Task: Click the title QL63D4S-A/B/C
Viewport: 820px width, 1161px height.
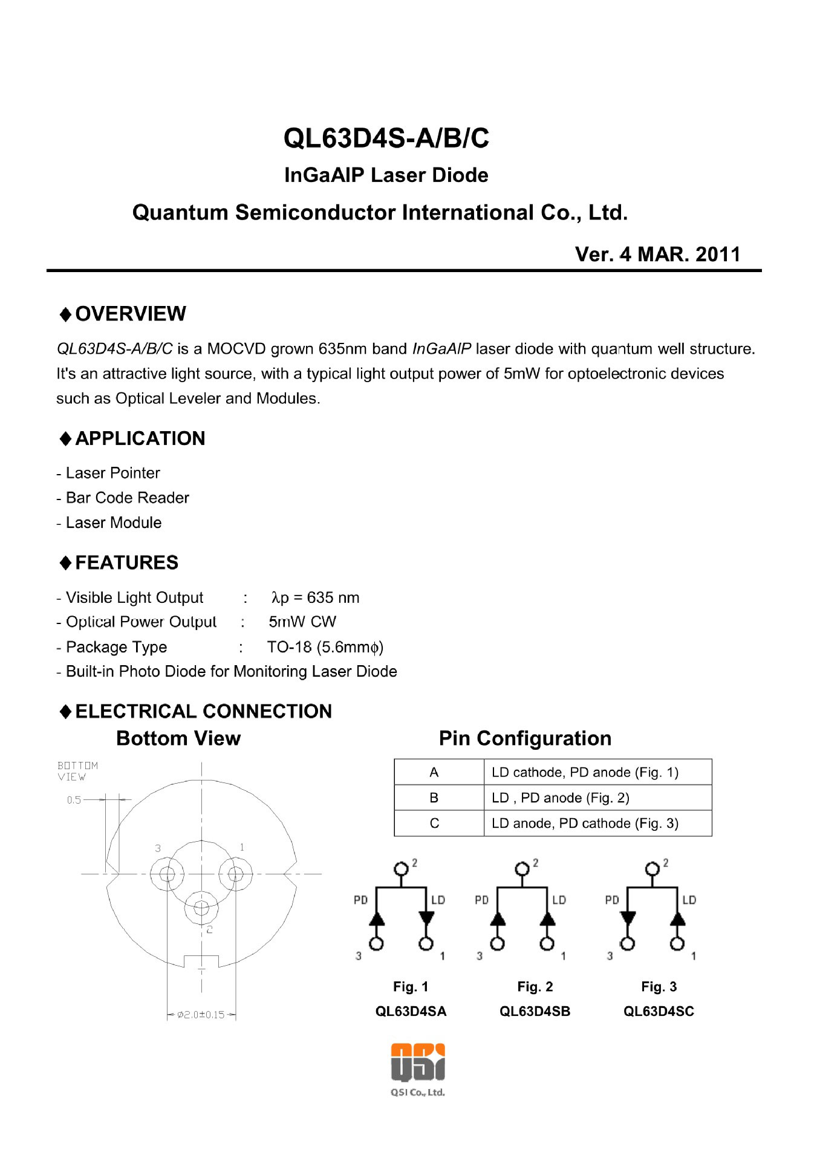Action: [386, 138]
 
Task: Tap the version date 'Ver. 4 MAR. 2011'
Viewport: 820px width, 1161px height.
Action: [657, 254]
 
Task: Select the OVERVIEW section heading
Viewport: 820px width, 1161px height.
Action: [130, 314]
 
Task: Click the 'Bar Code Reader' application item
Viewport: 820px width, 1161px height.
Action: [127, 498]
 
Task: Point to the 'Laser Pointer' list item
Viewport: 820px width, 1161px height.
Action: [112, 473]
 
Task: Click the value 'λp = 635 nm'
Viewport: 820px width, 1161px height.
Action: [315, 597]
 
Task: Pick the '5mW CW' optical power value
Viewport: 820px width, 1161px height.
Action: [302, 622]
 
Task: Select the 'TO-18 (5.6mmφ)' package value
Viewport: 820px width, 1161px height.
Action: [325, 647]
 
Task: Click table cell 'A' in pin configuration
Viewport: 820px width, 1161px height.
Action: [434, 772]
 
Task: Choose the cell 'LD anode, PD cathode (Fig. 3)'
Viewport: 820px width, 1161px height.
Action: [585, 824]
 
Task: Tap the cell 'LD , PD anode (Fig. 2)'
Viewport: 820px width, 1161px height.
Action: [560, 798]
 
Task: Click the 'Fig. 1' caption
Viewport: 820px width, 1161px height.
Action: [411, 987]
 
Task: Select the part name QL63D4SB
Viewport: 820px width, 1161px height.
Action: [535, 1011]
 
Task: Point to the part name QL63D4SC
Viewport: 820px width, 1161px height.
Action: [659, 1011]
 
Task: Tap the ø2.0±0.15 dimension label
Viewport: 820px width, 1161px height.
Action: [201, 1015]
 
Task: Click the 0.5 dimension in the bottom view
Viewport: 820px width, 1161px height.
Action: [74, 800]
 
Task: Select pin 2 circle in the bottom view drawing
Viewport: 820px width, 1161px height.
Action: [201, 907]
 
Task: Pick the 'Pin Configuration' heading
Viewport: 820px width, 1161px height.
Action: [525, 738]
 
